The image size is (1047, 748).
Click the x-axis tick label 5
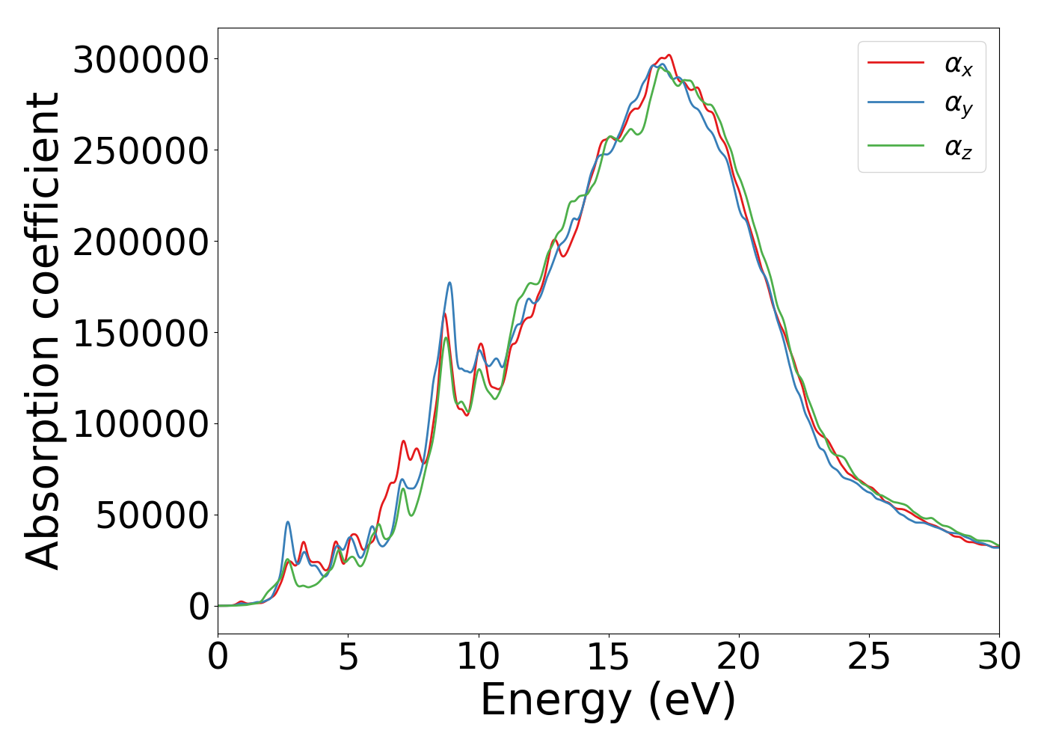348,657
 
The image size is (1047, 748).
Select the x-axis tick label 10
478,657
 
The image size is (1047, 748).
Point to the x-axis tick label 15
609,657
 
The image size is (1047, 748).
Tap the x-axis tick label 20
739,657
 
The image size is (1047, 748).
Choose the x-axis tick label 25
869,657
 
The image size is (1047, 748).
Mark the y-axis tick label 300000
140,60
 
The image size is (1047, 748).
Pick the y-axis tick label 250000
140,151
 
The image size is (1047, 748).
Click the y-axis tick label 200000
140,242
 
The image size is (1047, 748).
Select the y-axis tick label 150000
140,333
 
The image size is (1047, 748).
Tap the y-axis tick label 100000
140,424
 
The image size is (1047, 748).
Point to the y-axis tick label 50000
152,515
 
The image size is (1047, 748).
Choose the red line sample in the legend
896,63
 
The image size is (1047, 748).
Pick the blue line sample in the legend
896,103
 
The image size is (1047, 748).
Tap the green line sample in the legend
896,145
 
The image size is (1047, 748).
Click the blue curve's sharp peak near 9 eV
449,283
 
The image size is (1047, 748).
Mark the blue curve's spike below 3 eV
288,522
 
